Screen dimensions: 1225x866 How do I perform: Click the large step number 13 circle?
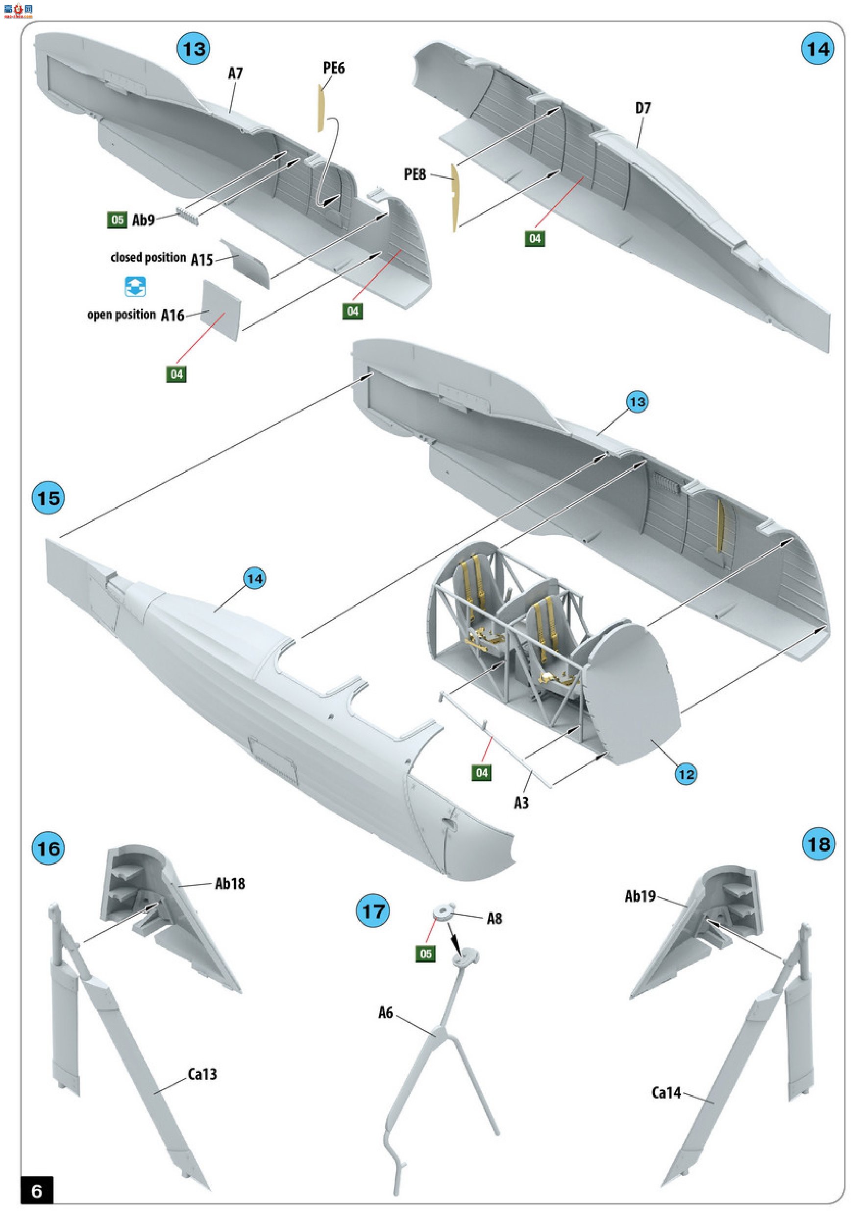pos(193,49)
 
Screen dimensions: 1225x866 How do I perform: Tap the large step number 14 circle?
pos(818,49)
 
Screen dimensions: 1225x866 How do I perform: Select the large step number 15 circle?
pos(49,498)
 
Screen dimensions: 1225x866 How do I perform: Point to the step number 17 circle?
pos(373,911)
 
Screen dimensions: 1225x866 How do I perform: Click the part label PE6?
pos(334,68)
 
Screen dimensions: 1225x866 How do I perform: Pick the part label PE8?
pos(415,174)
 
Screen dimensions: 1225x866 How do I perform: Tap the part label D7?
pos(643,108)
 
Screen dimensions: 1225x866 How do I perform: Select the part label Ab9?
pos(144,220)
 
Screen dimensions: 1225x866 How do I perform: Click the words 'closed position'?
pos(148,258)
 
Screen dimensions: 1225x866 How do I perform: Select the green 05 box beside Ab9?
pos(118,220)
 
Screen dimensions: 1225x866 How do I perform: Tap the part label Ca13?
pos(202,1074)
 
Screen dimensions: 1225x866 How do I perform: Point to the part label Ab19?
pos(640,896)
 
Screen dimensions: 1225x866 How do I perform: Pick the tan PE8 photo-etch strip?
pos(455,197)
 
